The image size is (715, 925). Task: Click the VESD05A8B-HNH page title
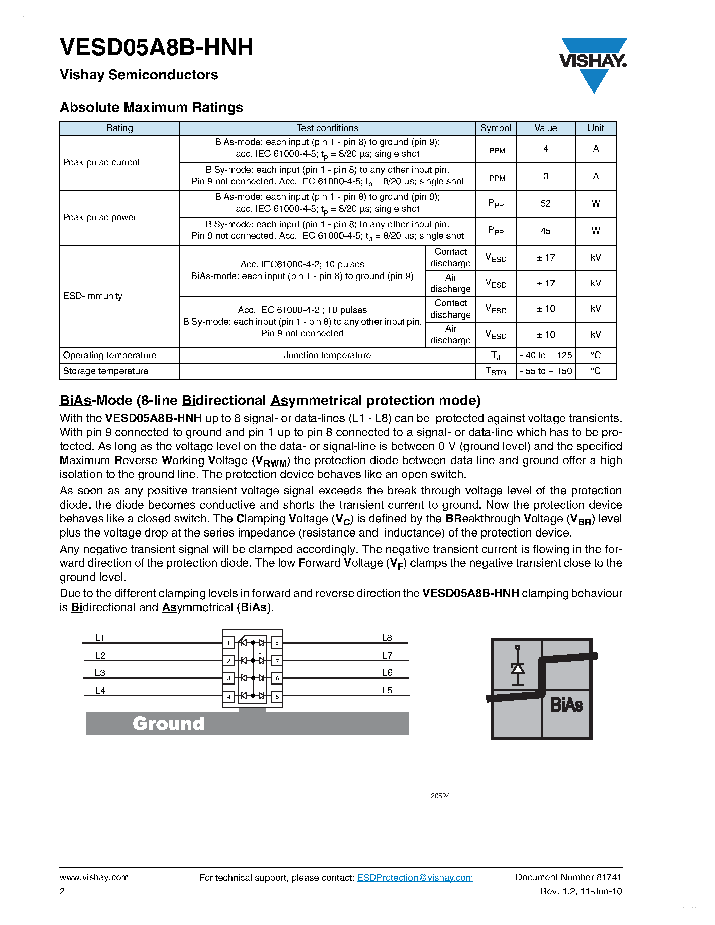157,47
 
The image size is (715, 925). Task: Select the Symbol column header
496,128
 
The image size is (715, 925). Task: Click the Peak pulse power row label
100,217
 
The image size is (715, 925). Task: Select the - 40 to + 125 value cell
545,355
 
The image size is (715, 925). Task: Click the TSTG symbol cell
496,371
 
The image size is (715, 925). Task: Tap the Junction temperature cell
327,355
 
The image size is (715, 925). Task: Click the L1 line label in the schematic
100,638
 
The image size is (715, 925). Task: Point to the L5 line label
387,690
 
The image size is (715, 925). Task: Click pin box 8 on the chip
277,643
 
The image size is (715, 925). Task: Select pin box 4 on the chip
229,696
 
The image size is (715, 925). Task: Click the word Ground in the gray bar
168,724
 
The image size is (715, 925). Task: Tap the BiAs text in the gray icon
567,705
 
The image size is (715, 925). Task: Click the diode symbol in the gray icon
517,668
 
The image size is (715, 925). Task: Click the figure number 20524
440,796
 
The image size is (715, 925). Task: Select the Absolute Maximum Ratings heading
151,107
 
